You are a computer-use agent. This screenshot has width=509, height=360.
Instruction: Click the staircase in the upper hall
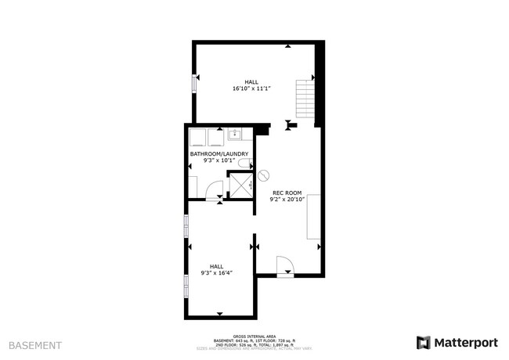(x=304, y=100)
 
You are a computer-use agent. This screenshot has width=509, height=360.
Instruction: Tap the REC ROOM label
(x=287, y=193)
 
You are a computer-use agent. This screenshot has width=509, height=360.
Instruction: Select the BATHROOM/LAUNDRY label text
(x=219, y=154)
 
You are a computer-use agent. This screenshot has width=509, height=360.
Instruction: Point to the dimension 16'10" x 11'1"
(x=251, y=88)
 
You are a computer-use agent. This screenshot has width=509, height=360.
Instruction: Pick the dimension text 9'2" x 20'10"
(x=287, y=200)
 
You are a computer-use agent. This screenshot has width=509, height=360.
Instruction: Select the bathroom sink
(x=236, y=134)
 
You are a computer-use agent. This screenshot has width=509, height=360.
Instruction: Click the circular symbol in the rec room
(x=263, y=175)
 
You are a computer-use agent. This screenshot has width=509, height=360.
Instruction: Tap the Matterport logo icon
(x=424, y=343)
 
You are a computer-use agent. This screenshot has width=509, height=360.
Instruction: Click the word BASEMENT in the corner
(x=35, y=344)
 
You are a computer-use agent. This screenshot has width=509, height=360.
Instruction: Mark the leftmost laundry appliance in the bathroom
(x=197, y=138)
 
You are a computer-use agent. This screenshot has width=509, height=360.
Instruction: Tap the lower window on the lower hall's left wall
(x=186, y=287)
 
